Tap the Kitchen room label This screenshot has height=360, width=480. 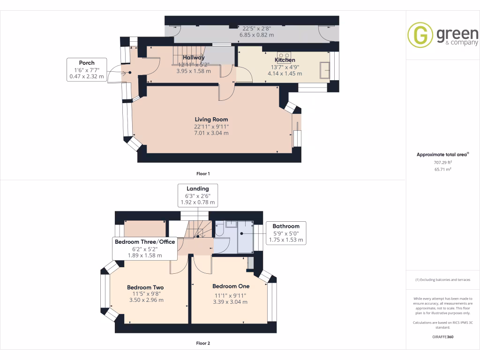click(x=285, y=60)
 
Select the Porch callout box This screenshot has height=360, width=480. click(x=87, y=69)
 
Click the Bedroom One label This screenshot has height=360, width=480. click(x=231, y=286)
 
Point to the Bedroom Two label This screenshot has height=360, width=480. click(x=145, y=287)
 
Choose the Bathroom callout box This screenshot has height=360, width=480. click(x=286, y=233)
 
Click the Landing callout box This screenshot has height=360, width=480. click(x=197, y=195)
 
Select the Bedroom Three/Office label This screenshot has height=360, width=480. click(x=145, y=242)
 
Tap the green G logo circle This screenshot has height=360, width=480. click(x=420, y=35)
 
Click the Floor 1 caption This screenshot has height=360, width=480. click(x=203, y=173)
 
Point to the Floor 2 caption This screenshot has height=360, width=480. click(x=203, y=343)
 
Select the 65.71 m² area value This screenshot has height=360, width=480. click(x=442, y=169)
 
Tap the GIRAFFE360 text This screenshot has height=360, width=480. click(x=442, y=337)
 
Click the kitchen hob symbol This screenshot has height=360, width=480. click(x=284, y=54)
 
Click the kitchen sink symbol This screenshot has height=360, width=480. click(x=324, y=70)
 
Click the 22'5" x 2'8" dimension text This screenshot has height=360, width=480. click(x=256, y=27)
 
